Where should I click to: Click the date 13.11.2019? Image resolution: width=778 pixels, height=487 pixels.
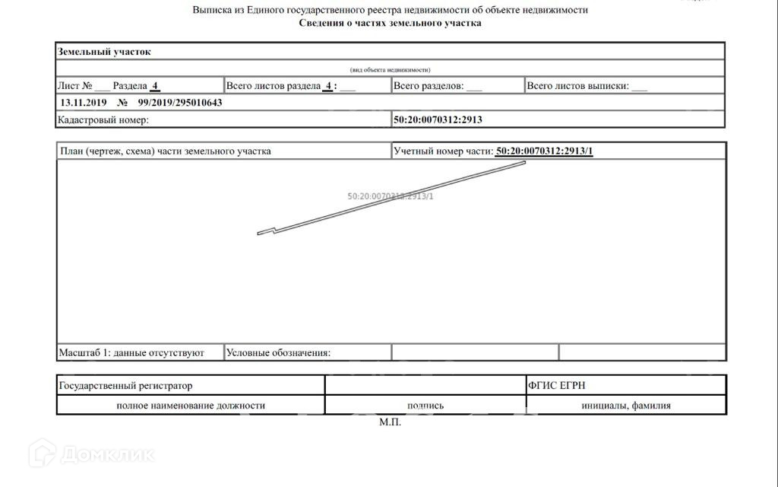click(84, 103)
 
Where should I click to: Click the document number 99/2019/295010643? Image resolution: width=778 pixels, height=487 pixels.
click(180, 103)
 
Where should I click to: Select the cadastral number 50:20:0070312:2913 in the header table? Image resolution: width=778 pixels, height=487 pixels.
click(438, 119)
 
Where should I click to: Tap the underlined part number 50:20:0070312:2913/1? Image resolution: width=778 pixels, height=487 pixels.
click(544, 151)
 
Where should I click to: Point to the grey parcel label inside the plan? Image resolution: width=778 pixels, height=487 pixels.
click(390, 196)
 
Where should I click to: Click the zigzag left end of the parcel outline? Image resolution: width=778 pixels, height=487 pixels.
click(265, 231)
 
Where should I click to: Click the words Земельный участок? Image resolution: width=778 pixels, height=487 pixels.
click(105, 52)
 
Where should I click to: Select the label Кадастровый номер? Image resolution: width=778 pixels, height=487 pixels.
click(103, 119)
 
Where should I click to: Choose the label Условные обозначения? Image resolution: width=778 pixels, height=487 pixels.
click(278, 353)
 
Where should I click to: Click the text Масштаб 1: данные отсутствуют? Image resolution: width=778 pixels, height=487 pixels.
click(131, 353)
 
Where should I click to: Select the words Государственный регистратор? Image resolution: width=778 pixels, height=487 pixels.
click(125, 386)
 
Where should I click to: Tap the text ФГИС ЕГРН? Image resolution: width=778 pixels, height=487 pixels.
click(557, 386)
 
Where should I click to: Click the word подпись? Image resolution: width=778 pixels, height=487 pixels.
click(425, 406)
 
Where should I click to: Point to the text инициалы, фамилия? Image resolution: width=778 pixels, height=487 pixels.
click(626, 406)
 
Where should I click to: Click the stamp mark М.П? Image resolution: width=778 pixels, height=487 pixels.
click(390, 422)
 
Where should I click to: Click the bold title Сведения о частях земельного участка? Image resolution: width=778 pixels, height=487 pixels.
click(390, 23)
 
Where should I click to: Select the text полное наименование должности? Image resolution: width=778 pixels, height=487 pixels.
click(191, 406)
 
